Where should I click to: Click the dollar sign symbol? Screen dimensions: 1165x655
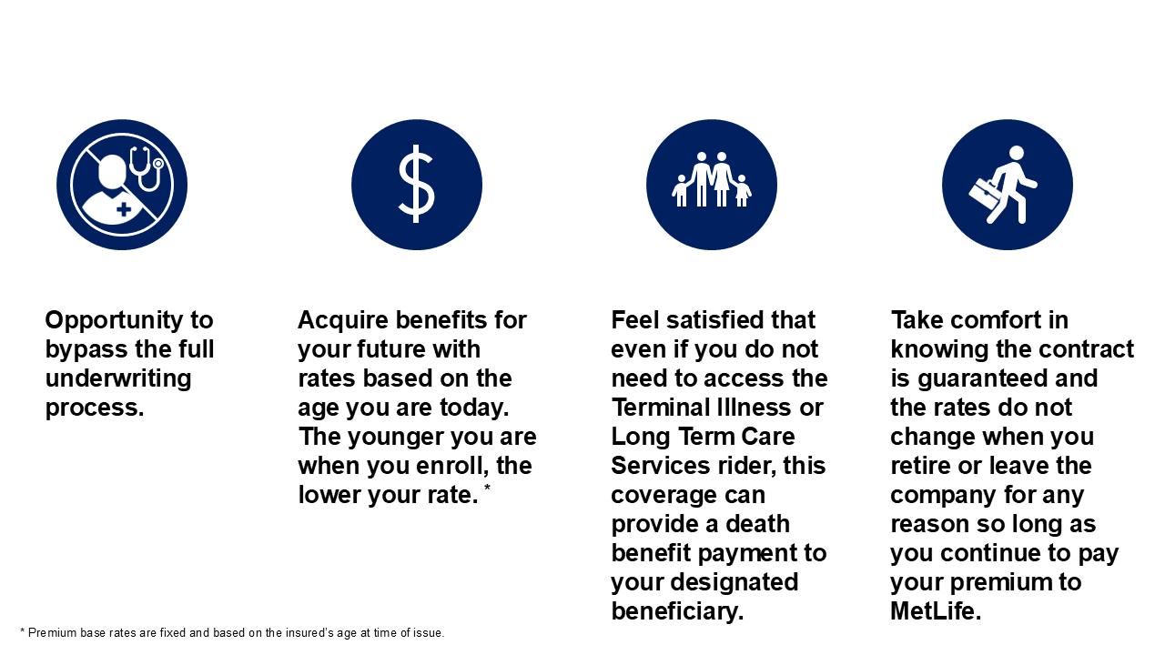click(x=416, y=184)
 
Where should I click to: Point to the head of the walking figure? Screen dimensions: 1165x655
click(x=1017, y=153)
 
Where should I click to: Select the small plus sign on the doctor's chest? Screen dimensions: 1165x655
click(x=124, y=209)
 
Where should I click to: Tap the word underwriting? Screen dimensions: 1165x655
click(x=118, y=378)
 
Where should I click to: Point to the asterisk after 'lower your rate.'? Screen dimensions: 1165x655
click(x=487, y=487)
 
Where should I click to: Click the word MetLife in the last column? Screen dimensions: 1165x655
click(x=936, y=610)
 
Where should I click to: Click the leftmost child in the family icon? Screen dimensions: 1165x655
click(x=681, y=190)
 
